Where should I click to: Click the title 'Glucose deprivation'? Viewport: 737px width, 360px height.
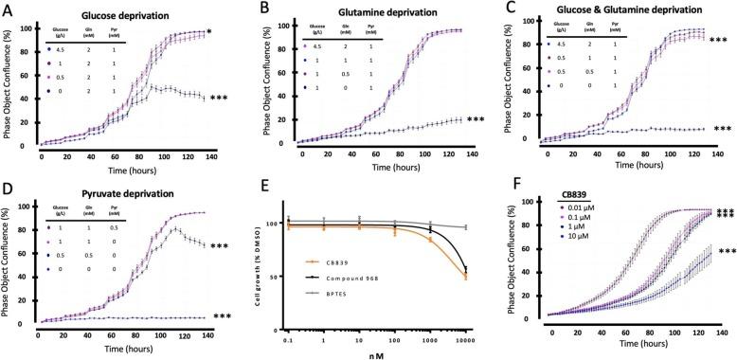click(125, 15)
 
